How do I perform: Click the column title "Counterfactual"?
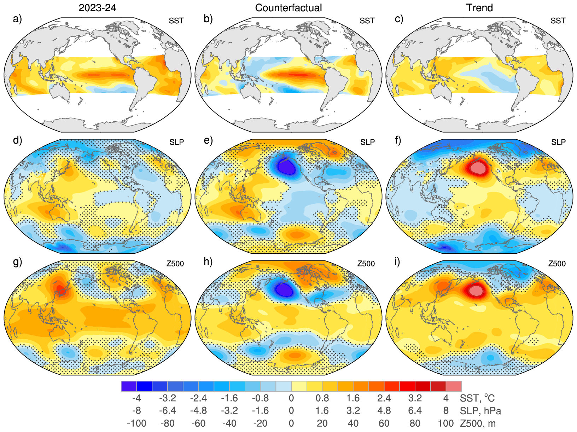click(x=288, y=8)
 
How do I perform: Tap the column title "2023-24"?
click(x=97, y=8)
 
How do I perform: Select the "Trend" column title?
click(x=479, y=8)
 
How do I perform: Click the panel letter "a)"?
click(x=17, y=19)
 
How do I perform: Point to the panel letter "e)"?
click(x=208, y=140)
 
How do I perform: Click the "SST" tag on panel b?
click(x=367, y=21)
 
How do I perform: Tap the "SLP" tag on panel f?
click(x=558, y=142)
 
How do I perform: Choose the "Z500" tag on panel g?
click(x=175, y=264)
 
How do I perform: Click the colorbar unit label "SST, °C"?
click(x=477, y=398)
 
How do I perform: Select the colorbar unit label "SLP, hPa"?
click(x=480, y=411)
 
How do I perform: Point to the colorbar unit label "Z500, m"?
click(x=478, y=423)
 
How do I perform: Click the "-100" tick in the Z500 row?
click(x=136, y=423)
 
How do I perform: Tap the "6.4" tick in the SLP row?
click(x=415, y=411)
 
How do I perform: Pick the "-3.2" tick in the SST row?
click(x=168, y=398)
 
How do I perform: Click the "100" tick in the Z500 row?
click(x=446, y=423)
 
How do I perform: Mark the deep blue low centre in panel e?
click(x=286, y=166)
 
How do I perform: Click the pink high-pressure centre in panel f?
click(x=477, y=167)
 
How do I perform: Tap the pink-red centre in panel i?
click(x=477, y=291)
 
